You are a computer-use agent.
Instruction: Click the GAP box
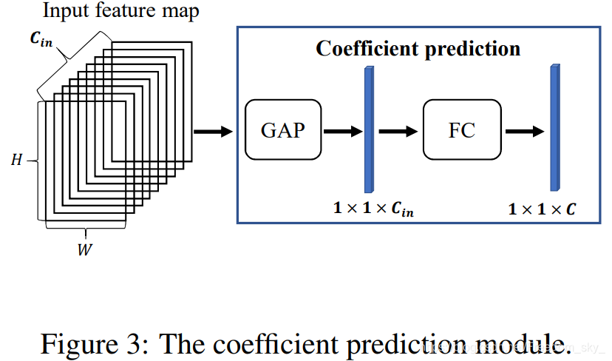pyautogui.click(x=282, y=130)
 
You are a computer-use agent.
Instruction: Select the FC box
pyautogui.click(x=461, y=131)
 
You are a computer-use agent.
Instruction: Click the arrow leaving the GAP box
pyautogui.click(x=342, y=131)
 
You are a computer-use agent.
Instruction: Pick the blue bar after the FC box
pyautogui.click(x=554, y=127)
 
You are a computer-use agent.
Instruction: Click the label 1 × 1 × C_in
pyautogui.click(x=373, y=209)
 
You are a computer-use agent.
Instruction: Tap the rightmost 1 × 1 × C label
pyautogui.click(x=543, y=209)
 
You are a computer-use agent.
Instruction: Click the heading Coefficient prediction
pyautogui.click(x=418, y=49)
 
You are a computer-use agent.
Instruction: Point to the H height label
pyautogui.click(x=16, y=160)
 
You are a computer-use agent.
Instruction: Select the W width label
pyautogui.click(x=85, y=250)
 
